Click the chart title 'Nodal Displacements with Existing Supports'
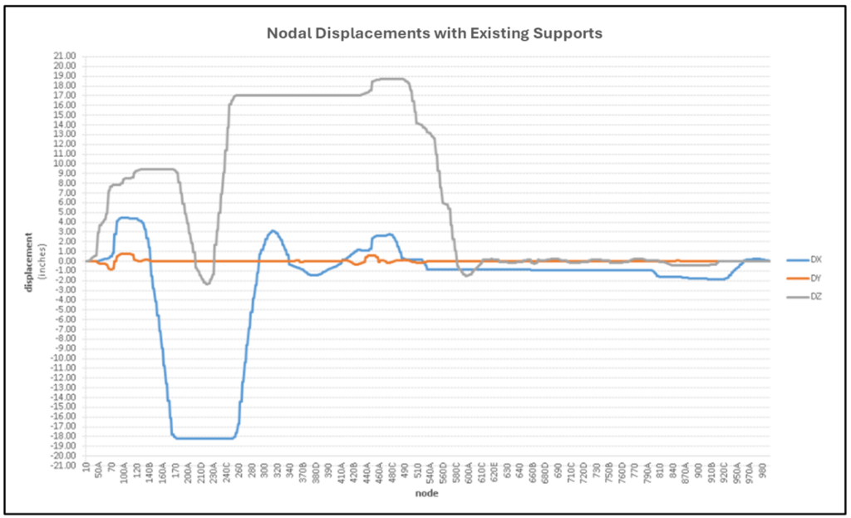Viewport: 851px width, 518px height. coord(434,34)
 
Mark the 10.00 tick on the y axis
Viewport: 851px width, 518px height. coord(64,164)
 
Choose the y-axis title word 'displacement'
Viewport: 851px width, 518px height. coord(29,260)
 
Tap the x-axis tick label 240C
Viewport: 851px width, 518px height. coord(226,481)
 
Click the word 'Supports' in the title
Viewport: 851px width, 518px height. coord(568,34)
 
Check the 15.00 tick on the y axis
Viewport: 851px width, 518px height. coord(64,115)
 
